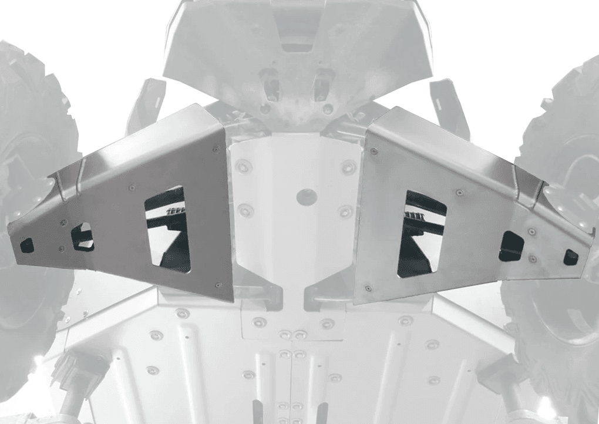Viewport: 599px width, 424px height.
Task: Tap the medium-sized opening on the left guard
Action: click(82, 237)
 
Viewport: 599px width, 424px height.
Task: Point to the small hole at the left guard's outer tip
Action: click(27, 245)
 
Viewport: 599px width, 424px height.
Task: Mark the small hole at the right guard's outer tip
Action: click(570, 257)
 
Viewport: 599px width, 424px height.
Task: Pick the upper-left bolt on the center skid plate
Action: click(243, 166)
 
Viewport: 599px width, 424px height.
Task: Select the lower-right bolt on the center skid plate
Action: click(346, 211)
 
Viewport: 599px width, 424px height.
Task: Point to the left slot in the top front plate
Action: click(271, 84)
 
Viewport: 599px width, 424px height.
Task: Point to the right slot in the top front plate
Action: click(322, 84)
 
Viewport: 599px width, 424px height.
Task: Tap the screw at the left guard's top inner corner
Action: click(217, 149)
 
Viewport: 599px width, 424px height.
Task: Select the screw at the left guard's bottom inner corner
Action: click(218, 285)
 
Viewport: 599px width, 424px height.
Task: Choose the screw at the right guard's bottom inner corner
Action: click(368, 288)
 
